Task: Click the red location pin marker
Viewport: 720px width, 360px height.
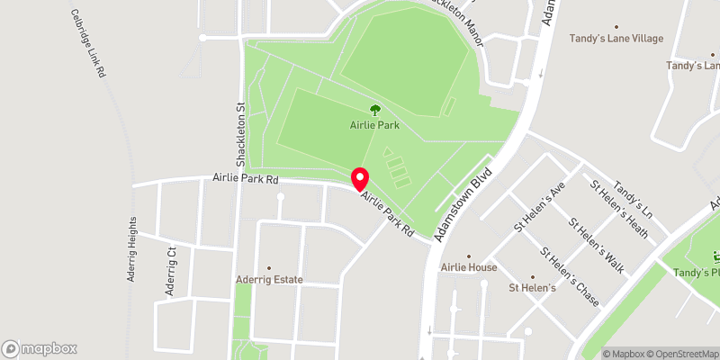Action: [360, 178]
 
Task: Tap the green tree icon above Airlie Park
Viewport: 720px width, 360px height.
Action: [374, 111]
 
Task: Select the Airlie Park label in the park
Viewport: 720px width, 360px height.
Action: [374, 126]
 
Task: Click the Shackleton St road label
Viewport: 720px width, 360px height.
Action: [241, 135]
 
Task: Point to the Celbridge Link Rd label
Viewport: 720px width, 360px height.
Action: [87, 43]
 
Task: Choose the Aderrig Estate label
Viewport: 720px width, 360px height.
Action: [269, 280]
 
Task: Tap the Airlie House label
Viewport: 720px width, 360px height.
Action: [469, 267]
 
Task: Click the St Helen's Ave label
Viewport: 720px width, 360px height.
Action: [540, 206]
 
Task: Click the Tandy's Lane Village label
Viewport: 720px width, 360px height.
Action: [616, 39]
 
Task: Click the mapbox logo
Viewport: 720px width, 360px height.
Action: [40, 348]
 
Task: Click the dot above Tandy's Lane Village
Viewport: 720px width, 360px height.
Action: [616, 27]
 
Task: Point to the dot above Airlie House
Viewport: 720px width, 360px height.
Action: [469, 256]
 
